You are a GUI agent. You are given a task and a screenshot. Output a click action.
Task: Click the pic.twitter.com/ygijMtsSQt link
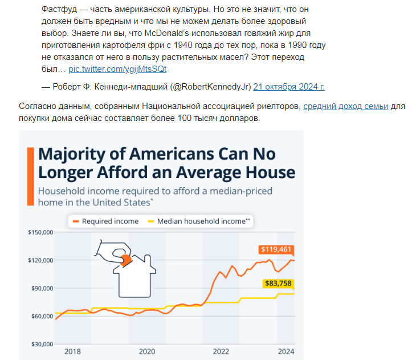(x=117, y=68)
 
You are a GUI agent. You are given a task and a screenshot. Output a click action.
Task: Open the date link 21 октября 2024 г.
(x=289, y=87)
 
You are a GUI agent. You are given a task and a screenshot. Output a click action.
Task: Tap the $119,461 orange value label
(x=275, y=249)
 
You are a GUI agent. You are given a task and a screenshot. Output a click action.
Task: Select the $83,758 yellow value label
(x=278, y=284)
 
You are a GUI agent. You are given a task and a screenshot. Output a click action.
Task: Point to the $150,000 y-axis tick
(x=40, y=232)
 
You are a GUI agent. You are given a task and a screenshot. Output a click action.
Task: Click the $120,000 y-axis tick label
(x=40, y=260)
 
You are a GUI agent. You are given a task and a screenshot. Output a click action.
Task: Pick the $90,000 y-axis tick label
(x=41, y=288)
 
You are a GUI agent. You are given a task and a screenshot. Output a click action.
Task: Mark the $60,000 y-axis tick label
(x=41, y=316)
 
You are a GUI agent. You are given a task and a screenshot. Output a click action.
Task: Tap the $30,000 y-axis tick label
(x=41, y=344)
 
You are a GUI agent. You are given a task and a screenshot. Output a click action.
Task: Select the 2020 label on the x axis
(x=147, y=352)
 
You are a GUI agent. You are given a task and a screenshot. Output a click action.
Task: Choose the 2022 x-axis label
(x=221, y=352)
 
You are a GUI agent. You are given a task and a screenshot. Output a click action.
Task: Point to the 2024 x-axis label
(x=286, y=352)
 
